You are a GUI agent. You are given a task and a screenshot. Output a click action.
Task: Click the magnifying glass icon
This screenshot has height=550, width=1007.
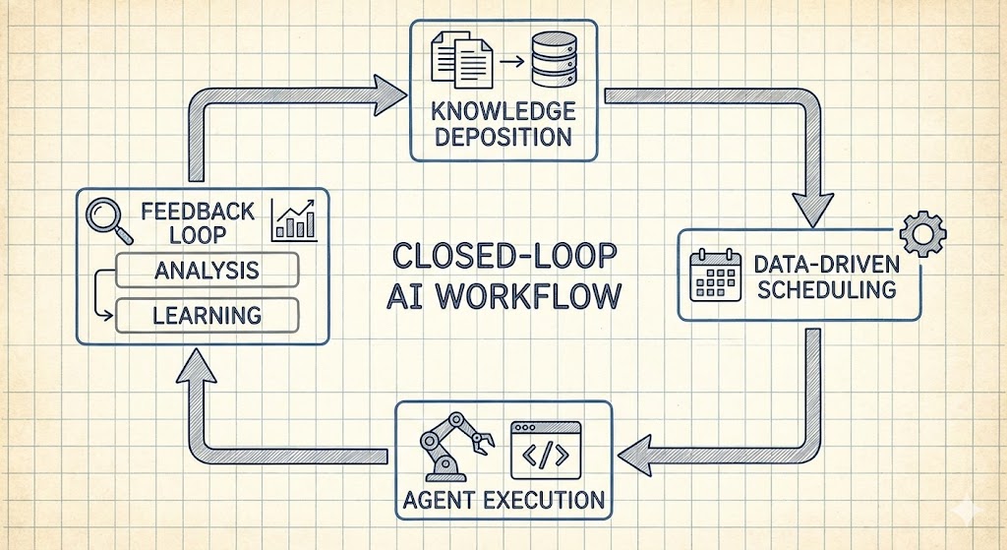pyautogui.click(x=108, y=219)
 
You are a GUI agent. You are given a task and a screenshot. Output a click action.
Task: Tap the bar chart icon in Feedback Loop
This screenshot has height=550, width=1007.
pyautogui.click(x=294, y=219)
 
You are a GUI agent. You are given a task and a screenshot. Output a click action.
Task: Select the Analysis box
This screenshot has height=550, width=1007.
pyautogui.click(x=207, y=270)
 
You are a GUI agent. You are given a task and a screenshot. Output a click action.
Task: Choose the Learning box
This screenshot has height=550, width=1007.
pyautogui.click(x=207, y=316)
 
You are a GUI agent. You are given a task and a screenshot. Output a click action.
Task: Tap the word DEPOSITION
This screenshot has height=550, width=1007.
pyautogui.click(x=503, y=136)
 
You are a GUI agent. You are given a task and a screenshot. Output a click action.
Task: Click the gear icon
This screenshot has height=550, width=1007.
pyautogui.click(x=922, y=233)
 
